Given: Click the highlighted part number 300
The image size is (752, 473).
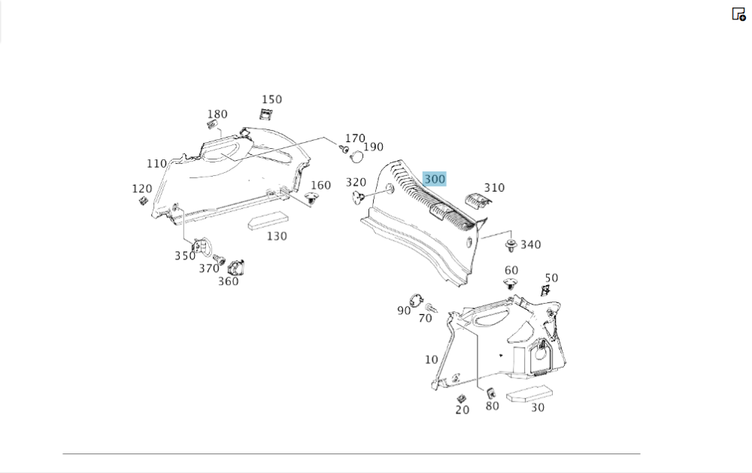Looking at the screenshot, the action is (x=435, y=179).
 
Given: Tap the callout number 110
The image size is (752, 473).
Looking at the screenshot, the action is (x=156, y=164).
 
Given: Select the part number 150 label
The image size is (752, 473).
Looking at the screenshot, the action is (x=271, y=99).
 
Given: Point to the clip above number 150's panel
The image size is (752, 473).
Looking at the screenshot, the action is (x=265, y=114).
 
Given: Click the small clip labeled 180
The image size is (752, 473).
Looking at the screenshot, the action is (x=211, y=124).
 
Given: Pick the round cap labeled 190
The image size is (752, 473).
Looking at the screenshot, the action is (x=356, y=156).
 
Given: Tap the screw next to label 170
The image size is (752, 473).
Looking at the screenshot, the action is (x=344, y=149).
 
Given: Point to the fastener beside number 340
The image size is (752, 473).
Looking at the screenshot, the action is (x=511, y=246).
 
